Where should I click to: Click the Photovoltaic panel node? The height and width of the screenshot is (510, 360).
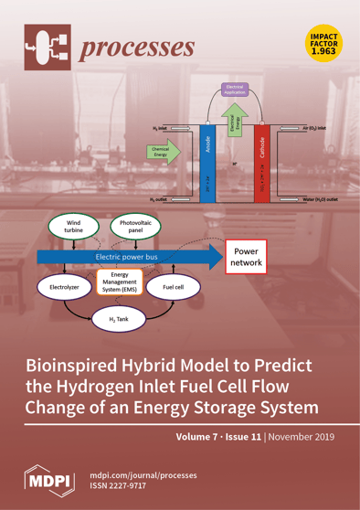132,226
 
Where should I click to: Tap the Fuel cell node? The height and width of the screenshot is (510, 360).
175,287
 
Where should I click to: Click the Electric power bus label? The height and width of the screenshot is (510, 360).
128,258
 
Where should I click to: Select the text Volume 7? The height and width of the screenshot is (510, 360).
190,436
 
